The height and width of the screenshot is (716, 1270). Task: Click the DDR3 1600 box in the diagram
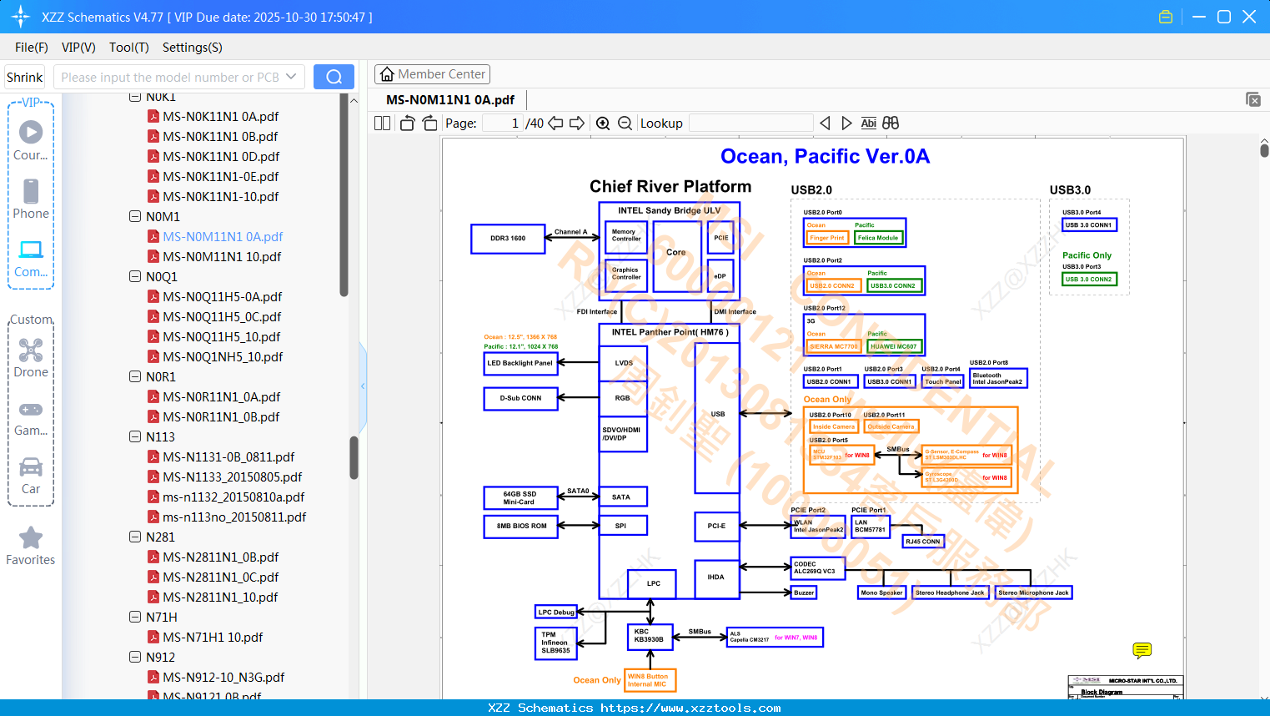(x=508, y=239)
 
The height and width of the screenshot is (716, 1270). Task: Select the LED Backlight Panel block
(x=520, y=363)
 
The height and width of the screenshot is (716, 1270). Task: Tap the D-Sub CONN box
(x=520, y=398)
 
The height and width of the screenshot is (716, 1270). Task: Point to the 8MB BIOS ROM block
(x=521, y=527)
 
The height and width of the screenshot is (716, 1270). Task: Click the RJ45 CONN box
(x=923, y=542)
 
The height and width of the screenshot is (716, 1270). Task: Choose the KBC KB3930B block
(x=650, y=636)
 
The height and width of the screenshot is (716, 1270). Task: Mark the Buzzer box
(x=804, y=592)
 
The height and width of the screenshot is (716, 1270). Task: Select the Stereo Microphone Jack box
(x=1033, y=592)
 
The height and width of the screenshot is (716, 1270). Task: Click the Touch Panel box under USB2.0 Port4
(x=943, y=381)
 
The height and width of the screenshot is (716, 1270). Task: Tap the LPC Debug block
(x=556, y=613)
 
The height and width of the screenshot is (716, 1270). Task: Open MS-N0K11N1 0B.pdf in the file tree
(x=220, y=137)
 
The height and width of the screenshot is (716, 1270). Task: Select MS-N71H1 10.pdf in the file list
(x=213, y=638)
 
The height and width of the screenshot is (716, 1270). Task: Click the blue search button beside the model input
(x=334, y=77)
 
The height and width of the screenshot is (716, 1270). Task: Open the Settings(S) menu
(x=192, y=48)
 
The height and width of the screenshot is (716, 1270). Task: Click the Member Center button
(x=432, y=74)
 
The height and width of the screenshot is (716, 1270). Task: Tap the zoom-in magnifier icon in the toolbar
(x=603, y=124)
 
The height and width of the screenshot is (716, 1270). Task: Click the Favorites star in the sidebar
(x=31, y=539)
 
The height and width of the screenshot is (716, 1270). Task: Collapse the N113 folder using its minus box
(x=135, y=437)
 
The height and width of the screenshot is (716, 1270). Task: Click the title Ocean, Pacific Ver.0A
(x=825, y=156)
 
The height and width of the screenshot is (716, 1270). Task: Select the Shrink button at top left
(x=24, y=77)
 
